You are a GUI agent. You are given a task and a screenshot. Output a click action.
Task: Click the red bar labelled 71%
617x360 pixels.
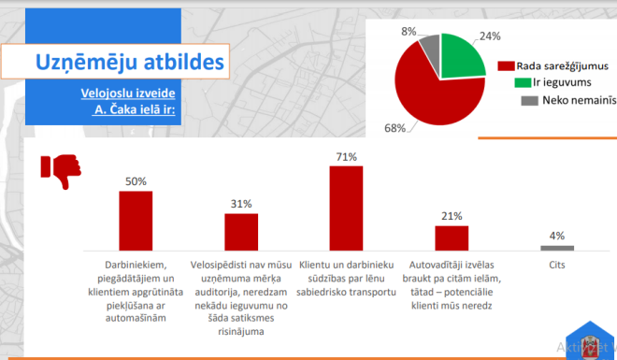345,209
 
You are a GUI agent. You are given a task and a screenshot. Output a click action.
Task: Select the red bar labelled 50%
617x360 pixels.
136,221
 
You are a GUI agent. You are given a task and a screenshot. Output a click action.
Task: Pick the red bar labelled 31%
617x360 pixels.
241,232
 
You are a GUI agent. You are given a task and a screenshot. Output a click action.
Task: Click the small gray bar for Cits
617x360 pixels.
557,248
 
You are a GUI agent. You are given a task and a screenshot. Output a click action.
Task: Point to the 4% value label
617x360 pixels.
557,236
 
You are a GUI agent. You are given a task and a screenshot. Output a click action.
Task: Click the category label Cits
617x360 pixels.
557,265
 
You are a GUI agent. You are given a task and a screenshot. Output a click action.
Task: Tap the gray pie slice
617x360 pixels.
430,46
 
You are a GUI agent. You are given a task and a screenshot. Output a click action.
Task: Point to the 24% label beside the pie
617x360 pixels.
489,36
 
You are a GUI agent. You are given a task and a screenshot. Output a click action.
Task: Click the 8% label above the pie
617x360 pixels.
409,31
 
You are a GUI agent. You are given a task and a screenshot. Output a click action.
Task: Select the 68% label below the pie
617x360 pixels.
395,127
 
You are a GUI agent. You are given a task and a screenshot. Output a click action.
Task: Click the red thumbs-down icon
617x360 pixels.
60,171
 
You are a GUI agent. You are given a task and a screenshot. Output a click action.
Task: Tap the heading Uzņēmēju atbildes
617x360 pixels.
129,63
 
